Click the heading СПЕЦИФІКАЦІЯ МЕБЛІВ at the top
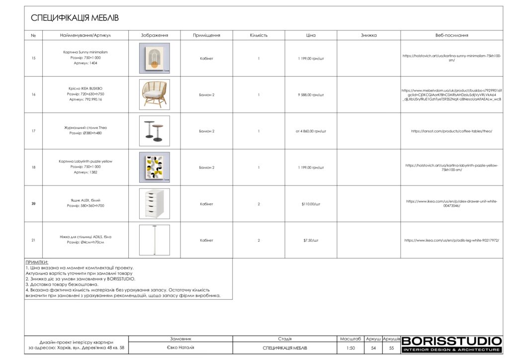[x=75, y=18]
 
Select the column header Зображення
[x=154, y=35]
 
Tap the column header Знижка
[x=368, y=35]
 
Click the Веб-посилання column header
[x=451, y=35]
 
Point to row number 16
[x=33, y=94]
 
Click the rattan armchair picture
[x=154, y=94]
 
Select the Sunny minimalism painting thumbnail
[x=154, y=58]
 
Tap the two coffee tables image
[x=154, y=131]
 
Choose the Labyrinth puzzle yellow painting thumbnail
[x=154, y=168]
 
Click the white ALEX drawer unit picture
[x=154, y=203]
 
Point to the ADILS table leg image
[x=154, y=240]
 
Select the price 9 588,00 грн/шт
[x=311, y=94]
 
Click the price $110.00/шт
[x=311, y=204]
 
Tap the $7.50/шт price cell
[x=311, y=240]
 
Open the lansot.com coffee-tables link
[x=451, y=131]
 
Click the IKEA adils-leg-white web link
[x=451, y=240]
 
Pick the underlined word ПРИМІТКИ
[x=37, y=262]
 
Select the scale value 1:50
[x=350, y=348]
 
